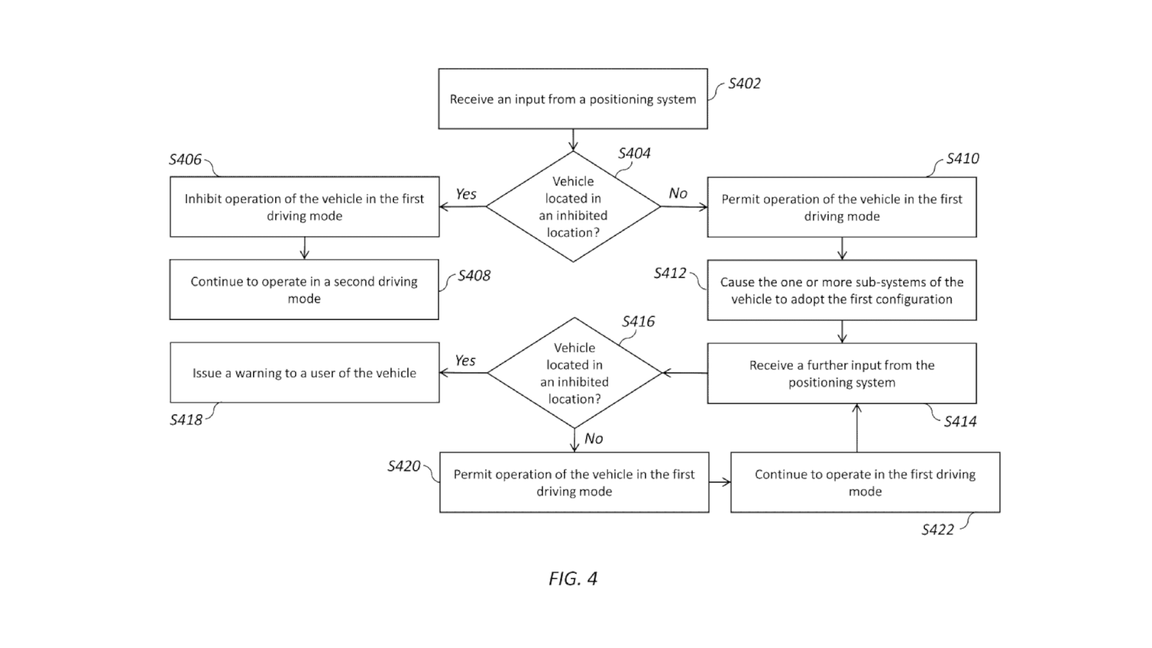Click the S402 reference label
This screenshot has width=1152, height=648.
point(744,84)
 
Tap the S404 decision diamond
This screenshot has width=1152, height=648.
point(573,206)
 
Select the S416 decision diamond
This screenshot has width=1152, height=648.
point(574,373)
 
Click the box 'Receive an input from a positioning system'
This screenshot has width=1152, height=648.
point(573,99)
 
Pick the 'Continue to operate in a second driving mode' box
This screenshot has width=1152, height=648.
point(304,290)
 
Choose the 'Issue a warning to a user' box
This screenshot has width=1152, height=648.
point(304,373)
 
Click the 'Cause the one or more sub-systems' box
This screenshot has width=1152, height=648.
point(842,290)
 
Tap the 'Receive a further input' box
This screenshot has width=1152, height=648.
point(842,373)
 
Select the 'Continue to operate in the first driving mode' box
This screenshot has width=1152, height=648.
point(865,482)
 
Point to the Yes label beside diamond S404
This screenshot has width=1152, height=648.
point(466,194)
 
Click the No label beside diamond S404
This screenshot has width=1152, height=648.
point(678,193)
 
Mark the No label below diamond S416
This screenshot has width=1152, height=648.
point(593,439)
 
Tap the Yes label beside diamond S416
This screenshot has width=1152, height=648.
point(465,361)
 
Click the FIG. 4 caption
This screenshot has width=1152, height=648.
point(573,578)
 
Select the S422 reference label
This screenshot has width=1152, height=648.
point(937,530)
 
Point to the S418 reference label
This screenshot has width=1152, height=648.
point(186,420)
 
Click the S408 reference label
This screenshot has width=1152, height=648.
point(474,276)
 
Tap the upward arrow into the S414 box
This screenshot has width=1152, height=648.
point(857,427)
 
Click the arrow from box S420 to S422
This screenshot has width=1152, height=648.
point(719,482)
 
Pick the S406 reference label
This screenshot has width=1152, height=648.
point(185,160)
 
